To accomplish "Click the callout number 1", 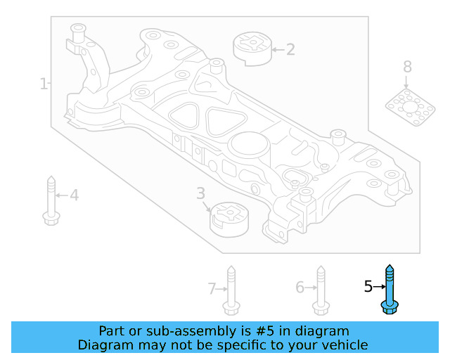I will point(44,84).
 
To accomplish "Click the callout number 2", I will point(290,49).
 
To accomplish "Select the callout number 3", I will point(200,193).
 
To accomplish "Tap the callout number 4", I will point(74,195).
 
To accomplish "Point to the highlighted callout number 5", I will point(368,286).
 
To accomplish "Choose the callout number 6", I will point(300,287).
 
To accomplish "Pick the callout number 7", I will point(211,288).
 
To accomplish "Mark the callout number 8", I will point(407,67).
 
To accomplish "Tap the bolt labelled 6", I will point(320,290).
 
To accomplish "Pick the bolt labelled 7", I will point(231,290).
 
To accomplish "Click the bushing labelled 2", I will point(251,48).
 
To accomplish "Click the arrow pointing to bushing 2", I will point(277,49).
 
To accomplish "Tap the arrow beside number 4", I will point(62,195).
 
